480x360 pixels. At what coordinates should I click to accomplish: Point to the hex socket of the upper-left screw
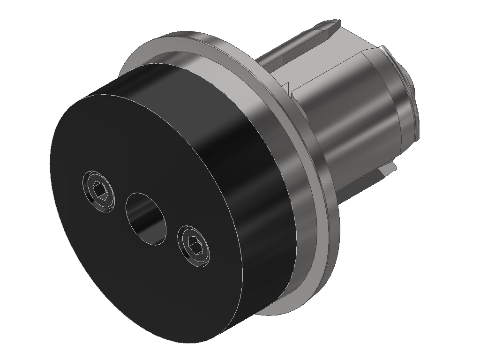(99, 190)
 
